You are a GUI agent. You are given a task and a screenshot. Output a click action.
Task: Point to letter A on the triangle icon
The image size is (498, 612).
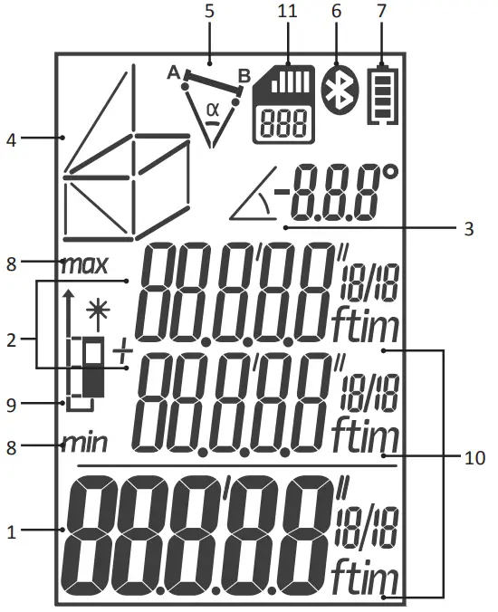click(x=173, y=74)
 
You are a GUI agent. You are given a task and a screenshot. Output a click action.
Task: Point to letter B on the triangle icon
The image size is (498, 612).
click(x=244, y=74)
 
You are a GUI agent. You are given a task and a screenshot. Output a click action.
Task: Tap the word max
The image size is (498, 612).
click(x=84, y=265)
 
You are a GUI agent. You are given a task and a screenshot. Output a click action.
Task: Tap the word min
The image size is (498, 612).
click(x=84, y=444)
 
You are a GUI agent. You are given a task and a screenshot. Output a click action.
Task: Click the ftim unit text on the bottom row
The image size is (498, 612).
click(x=362, y=576)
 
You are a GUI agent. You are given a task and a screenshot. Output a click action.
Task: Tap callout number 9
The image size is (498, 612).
click(x=11, y=404)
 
